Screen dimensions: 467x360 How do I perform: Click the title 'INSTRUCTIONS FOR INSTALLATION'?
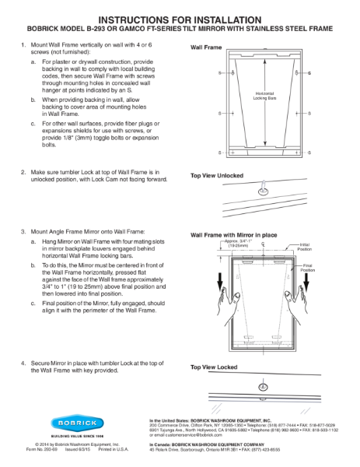point(180,17)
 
